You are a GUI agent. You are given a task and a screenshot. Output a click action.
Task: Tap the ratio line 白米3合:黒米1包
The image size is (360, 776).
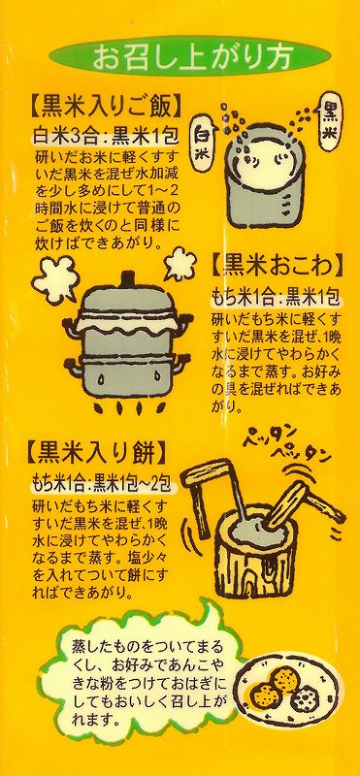tap(105, 134)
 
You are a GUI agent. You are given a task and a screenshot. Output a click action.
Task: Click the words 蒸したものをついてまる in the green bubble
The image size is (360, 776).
tap(147, 648)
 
